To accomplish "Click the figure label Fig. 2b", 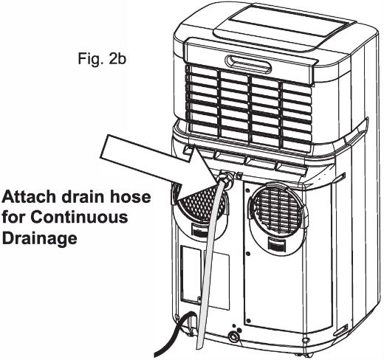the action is coord(102,59).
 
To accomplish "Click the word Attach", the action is coord(29,197).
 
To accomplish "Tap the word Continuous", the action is coord(79,217).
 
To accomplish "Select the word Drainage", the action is coord(39,238).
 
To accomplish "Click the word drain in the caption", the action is coord(83,197).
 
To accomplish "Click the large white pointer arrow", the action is coord(157,162).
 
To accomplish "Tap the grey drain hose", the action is coord(209,260).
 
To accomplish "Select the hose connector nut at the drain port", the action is coord(226,179).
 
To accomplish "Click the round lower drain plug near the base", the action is coord(233,336).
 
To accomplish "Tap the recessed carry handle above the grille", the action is coord(248,63).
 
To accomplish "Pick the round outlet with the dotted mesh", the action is coord(202,201).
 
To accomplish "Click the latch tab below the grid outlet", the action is coord(276,244).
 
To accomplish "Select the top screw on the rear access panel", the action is coord(247,191).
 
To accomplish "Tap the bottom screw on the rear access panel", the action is coord(248,321).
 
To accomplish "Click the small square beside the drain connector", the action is coord(239,176).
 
